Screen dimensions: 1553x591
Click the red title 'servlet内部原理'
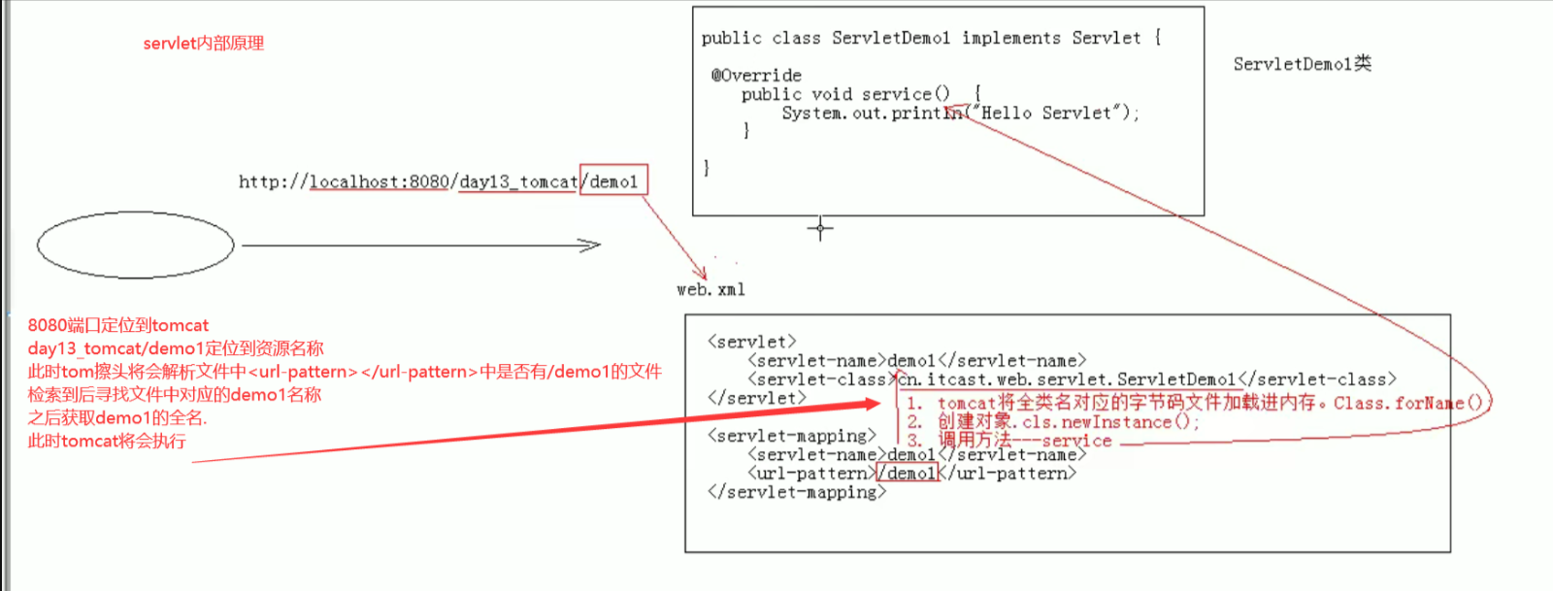click(203, 44)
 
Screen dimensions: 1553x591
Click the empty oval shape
click(136, 246)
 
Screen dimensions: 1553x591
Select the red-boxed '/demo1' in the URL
click(613, 181)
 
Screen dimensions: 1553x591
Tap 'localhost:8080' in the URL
click(380, 181)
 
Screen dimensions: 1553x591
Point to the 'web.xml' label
click(710, 289)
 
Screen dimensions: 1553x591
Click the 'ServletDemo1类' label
click(1302, 64)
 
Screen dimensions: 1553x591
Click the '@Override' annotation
click(756, 75)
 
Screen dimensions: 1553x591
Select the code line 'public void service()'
click(845, 94)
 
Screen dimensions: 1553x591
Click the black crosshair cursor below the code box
click(820, 229)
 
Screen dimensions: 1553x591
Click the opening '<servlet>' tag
click(752, 342)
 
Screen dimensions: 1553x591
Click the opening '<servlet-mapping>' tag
click(792, 436)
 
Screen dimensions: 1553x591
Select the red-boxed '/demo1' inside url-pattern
click(909, 474)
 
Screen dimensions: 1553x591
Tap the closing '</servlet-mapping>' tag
click(797, 492)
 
